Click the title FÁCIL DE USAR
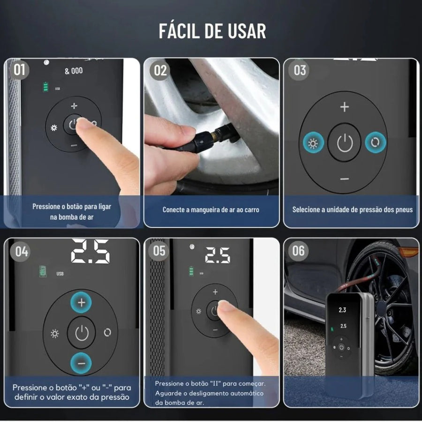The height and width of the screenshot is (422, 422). pos(212,31)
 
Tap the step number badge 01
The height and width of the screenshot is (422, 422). pos(19,70)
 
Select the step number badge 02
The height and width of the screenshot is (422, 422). pos(160,70)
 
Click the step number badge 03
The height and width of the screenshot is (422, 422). pos(299,70)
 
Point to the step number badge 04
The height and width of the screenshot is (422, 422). pos(21,252)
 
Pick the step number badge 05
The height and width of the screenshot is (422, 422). pos(158,251)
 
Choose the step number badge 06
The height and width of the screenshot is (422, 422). pos(298,251)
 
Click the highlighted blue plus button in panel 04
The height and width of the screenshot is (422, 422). pos(81,302)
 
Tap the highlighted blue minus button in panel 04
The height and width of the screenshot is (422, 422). pos(81,363)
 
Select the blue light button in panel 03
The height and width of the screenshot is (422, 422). pos(313,143)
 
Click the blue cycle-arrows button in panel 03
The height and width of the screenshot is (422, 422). pos(376,143)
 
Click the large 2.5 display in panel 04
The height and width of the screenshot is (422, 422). pos(90,251)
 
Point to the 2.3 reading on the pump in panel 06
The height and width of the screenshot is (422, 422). pos(342,310)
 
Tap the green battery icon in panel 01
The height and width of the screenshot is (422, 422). pos(46,87)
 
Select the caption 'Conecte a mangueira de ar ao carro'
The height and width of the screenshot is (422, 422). pos(211,210)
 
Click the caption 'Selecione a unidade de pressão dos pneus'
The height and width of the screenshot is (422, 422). pos(352,210)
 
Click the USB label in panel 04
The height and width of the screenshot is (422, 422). pos(60,274)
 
